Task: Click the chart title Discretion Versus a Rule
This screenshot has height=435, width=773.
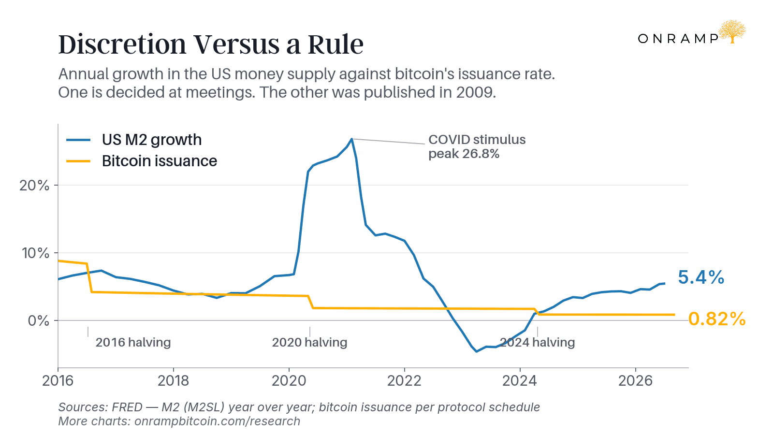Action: [x=211, y=44]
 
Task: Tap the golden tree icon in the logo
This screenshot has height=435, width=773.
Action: [x=731, y=32]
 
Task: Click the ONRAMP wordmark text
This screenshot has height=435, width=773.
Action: [x=678, y=39]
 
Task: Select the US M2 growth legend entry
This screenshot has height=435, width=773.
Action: [x=134, y=140]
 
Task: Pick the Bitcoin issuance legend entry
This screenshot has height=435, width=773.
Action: [x=142, y=161]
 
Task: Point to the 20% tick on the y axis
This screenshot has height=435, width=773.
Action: [x=34, y=186]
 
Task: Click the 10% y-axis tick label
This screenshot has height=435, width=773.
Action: [x=35, y=253]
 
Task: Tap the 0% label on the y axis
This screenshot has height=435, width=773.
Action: [x=38, y=321]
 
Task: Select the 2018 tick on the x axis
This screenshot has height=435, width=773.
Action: [x=173, y=381]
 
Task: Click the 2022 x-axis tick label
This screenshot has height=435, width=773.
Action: [x=405, y=381]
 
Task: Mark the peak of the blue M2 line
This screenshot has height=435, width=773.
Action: [x=351, y=139]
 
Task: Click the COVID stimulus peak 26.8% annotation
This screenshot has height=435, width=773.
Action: [x=477, y=146]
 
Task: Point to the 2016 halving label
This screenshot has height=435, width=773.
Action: [x=133, y=343]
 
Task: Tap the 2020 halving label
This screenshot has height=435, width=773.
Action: [x=309, y=343]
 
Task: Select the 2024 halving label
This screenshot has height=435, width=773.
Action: [x=537, y=343]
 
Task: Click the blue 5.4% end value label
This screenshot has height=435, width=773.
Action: [x=701, y=277]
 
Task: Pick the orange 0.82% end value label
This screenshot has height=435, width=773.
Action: [x=717, y=319]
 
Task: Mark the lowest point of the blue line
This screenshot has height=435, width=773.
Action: [x=477, y=351]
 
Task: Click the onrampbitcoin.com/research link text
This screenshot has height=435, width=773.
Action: [x=217, y=421]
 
